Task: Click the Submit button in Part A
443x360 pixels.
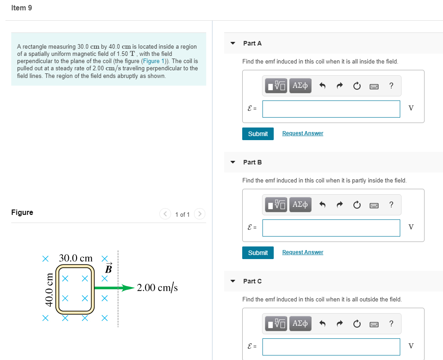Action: [258, 134]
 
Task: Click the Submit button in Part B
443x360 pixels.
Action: [258, 253]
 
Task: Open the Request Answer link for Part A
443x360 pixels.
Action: [303, 133]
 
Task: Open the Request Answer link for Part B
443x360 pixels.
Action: [303, 252]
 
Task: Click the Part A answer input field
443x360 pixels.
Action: [331, 109]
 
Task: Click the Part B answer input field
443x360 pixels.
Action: [331, 228]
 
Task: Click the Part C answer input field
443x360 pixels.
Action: [331, 346]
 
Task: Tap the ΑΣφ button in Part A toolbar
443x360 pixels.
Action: [300, 86]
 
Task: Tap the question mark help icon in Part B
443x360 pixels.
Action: [391, 205]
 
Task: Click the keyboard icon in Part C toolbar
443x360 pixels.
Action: [374, 324]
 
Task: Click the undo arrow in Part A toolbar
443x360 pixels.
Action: [322, 86]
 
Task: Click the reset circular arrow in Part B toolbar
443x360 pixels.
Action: [357, 205]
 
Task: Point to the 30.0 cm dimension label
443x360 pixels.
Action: [76, 259]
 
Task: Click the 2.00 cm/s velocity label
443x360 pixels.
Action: [157, 287]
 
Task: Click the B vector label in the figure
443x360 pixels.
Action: [108, 269]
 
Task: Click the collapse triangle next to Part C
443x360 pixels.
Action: [233, 281]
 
